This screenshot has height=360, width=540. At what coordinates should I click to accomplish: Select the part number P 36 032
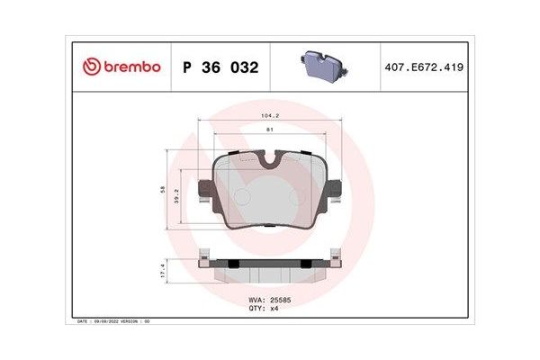tap(220, 67)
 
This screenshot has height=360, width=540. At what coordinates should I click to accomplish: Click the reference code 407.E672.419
tap(422, 67)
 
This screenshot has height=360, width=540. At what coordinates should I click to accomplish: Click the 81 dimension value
tap(270, 131)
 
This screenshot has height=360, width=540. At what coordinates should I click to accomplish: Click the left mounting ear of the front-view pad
tap(205, 189)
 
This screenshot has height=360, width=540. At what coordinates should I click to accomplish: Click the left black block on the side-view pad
tap(232, 263)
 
